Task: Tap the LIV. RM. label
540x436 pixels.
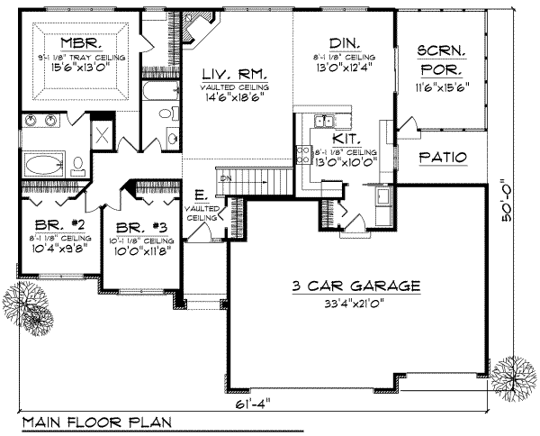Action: (224, 73)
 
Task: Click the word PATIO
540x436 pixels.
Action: (443, 158)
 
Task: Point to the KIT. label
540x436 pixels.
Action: (346, 140)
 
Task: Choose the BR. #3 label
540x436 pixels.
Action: (135, 228)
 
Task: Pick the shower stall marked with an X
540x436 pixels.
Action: (103, 136)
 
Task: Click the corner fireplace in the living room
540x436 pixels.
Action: (196, 27)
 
